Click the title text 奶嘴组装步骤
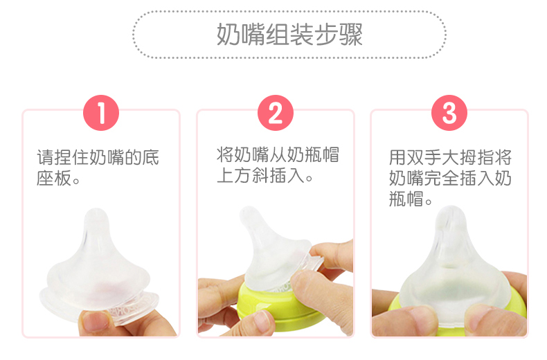[289, 35]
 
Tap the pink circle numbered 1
[101, 113]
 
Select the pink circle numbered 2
[276, 113]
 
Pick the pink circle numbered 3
[449, 113]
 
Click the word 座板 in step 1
[55, 178]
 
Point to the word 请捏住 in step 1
[63, 157]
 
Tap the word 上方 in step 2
[234, 175]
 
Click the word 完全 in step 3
[441, 178]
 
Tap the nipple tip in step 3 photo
[451, 212]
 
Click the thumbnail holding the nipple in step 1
[93, 321]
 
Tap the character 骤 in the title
[351, 35]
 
